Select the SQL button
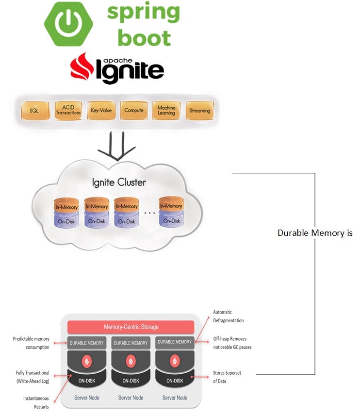point(34,111)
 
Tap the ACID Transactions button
point(68,111)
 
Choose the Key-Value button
point(101,111)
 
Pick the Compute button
point(134,111)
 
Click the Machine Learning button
point(166,111)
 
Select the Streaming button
point(199,111)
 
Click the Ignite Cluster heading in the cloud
point(119,183)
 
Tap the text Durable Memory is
point(315,233)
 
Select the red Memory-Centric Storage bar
point(131,327)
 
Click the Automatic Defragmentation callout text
point(229,316)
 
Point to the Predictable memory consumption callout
point(31,343)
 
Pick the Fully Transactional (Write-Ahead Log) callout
point(32,376)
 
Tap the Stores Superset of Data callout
point(227,377)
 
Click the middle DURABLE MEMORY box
point(131,343)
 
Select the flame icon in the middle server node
point(131,361)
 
